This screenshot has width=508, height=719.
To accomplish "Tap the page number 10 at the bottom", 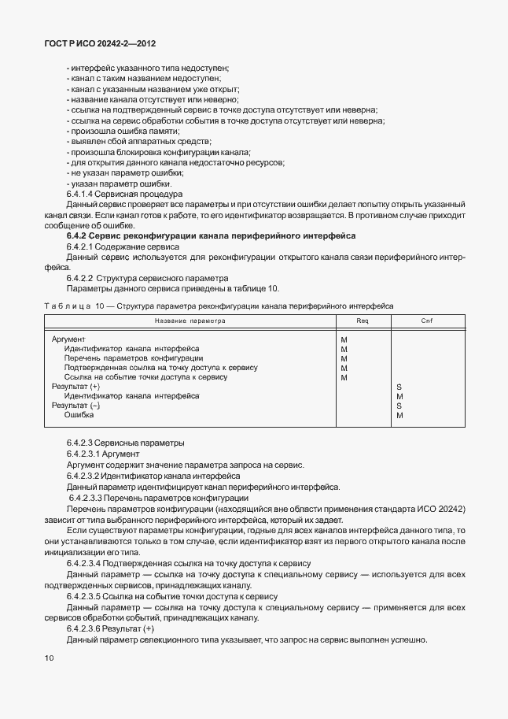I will [x=50, y=656].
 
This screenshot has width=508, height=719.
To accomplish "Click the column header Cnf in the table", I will [x=426, y=321].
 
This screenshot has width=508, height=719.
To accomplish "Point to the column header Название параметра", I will [x=190, y=321].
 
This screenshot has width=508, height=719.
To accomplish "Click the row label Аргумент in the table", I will [x=68, y=339].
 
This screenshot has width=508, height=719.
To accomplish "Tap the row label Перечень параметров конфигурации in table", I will [x=134, y=358].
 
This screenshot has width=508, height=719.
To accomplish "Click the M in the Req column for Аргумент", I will [x=344, y=339].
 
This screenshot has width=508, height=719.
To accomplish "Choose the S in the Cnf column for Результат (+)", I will [x=399, y=387].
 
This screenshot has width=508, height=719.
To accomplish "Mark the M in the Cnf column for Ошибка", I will [x=399, y=415].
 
